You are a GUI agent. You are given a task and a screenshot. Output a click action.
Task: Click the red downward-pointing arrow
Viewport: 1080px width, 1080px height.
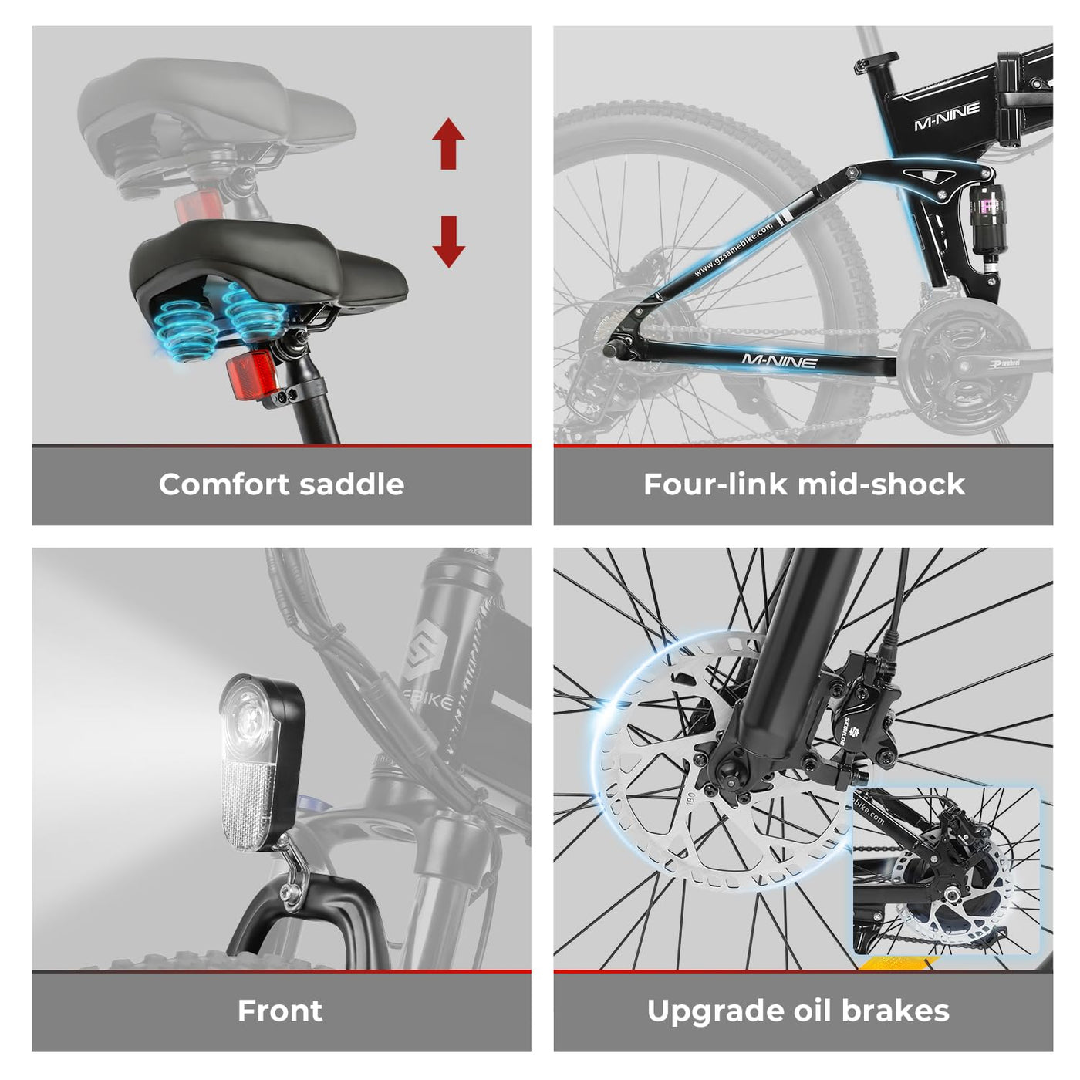coord(448,241)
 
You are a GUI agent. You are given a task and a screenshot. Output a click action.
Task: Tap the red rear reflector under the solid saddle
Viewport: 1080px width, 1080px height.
coord(248,376)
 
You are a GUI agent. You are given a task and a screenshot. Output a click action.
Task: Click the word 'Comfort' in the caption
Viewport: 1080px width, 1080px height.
coord(224,484)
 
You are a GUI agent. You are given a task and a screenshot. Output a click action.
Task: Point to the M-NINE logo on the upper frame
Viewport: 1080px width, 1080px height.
coord(947,116)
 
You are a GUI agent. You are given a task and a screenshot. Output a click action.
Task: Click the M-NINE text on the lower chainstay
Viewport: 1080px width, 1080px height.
coord(779,360)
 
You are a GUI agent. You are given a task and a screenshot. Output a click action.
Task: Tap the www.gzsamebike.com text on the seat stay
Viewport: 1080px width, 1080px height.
coord(734,250)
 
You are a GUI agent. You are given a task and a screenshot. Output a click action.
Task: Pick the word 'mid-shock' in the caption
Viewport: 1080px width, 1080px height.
coord(881,484)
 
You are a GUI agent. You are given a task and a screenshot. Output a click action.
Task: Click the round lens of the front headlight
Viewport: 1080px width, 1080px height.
coord(248,714)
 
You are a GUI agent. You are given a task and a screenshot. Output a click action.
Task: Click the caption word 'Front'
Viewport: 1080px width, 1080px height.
coord(280,1011)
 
